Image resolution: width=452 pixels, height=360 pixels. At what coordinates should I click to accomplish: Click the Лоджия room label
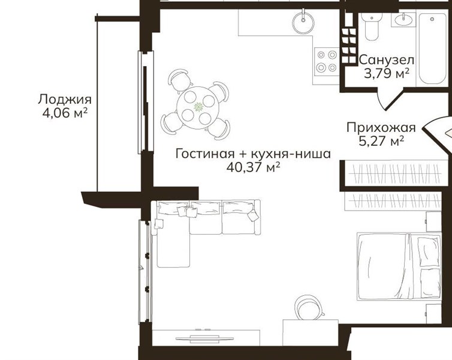click(x=65, y=100)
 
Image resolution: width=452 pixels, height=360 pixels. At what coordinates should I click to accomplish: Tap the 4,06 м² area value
click(x=65, y=113)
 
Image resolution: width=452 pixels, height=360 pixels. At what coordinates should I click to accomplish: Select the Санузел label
click(x=387, y=60)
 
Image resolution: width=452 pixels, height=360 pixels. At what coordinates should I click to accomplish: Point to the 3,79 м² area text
click(x=387, y=74)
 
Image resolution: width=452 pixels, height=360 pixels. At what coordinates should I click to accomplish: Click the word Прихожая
click(x=381, y=127)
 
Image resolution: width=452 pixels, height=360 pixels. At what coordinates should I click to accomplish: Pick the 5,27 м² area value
click(x=381, y=141)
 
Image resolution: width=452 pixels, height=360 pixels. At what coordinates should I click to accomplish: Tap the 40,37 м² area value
click(x=254, y=167)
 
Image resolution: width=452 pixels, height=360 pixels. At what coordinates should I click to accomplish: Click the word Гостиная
click(x=205, y=154)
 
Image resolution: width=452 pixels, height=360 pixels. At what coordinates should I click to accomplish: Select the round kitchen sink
click(x=303, y=22)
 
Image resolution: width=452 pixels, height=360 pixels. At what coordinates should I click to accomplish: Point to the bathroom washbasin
click(x=403, y=20)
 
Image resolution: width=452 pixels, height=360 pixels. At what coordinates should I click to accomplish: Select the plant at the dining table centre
click(x=198, y=107)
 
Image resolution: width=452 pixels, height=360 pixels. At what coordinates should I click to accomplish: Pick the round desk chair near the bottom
click(x=309, y=307)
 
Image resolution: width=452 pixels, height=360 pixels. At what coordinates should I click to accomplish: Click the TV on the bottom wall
click(x=204, y=339)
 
